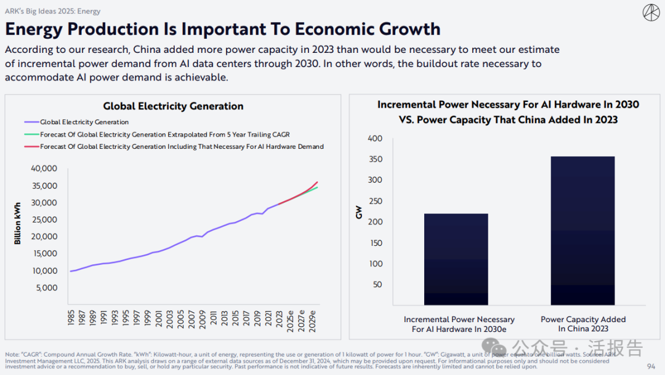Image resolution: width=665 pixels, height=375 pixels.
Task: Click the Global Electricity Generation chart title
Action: [x=173, y=106]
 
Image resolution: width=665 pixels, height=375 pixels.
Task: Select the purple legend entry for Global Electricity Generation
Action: [x=85, y=122]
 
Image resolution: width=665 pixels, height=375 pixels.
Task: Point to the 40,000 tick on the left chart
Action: [x=44, y=168]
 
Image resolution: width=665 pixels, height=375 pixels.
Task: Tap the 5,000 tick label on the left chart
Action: [x=46, y=288]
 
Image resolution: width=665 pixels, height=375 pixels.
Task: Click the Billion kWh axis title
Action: [x=18, y=223]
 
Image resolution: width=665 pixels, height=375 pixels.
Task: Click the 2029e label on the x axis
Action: [x=313, y=320]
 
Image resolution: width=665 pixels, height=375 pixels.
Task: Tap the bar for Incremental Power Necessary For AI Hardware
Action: [x=456, y=259]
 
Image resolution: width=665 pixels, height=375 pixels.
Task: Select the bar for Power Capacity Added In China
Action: [x=582, y=231]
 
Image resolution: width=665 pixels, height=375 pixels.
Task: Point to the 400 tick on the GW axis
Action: [x=376, y=138]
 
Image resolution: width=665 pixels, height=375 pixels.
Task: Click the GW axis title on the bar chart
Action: [x=360, y=213]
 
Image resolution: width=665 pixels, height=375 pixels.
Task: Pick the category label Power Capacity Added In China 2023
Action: [x=582, y=324]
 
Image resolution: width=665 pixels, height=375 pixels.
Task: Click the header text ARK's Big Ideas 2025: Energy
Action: [x=53, y=11]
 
